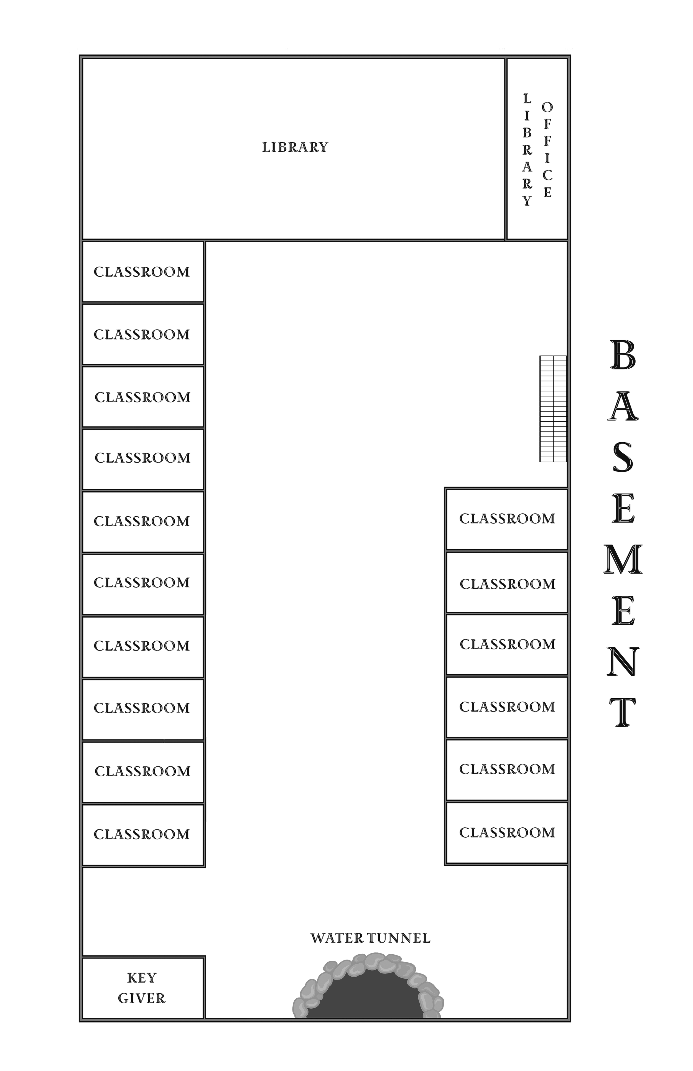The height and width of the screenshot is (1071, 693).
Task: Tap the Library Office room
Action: [x=537, y=149]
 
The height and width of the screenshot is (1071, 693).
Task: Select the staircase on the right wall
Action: [x=553, y=409]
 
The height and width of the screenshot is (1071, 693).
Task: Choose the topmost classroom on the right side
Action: [x=507, y=519]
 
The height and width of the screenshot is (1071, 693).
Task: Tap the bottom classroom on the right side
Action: [x=507, y=833]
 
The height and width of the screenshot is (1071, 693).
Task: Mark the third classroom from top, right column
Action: [x=507, y=644]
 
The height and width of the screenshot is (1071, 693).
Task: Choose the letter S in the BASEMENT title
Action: [x=623, y=457]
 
